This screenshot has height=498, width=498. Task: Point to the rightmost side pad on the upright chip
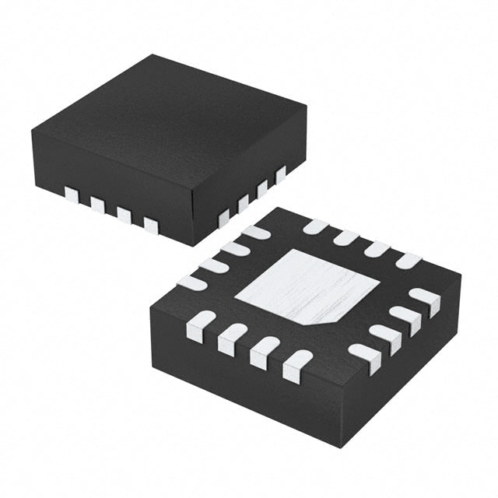point(281,174)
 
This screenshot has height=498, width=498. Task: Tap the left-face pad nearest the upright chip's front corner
point(150,226)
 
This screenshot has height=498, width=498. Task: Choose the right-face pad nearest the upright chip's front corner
point(224,218)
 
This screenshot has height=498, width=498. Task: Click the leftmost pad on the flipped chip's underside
point(192,283)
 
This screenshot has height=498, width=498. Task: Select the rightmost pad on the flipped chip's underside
point(425,299)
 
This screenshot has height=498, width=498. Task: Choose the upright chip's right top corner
point(305,109)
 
